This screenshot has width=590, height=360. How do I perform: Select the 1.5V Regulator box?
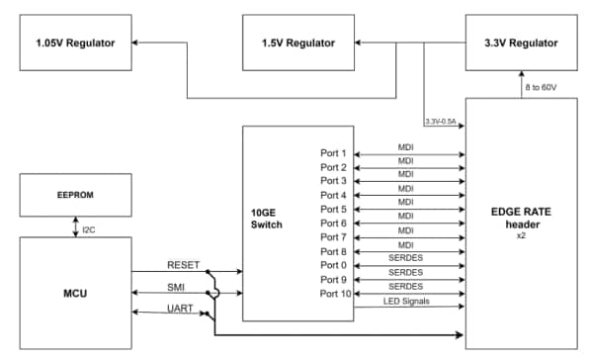coord(298,43)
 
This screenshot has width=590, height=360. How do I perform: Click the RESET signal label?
coord(183,265)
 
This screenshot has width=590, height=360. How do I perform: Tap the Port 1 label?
coord(334,153)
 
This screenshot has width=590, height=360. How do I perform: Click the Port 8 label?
coord(334,251)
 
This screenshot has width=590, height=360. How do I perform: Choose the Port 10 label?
coord(332,293)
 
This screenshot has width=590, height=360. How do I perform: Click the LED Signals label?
coord(405,300)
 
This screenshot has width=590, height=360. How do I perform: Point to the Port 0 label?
coord(334,265)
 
